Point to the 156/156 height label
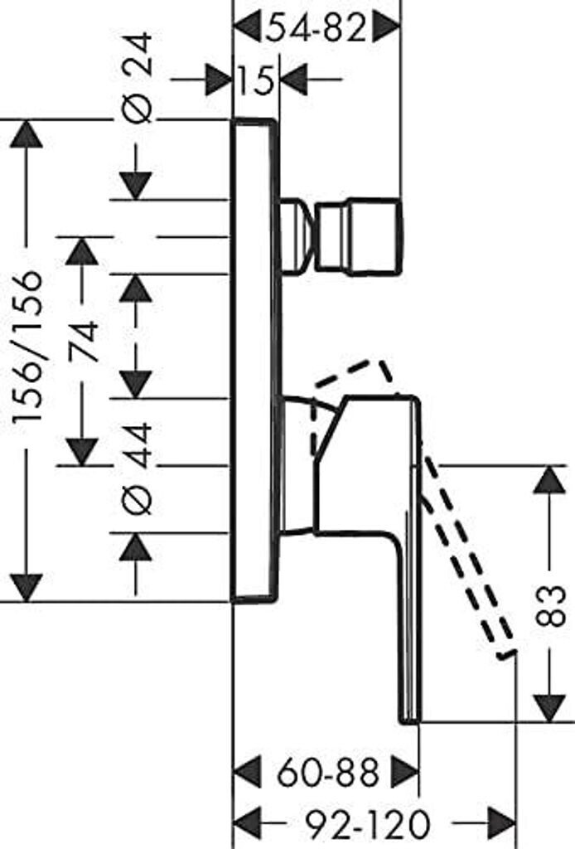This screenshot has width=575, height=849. tap(30, 348)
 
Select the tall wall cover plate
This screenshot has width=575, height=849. tap(254, 360)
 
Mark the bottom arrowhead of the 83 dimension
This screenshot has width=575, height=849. tap(549, 707)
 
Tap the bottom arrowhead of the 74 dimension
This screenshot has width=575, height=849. tap(82, 453)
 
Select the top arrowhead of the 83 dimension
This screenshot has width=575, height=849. tap(549, 480)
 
